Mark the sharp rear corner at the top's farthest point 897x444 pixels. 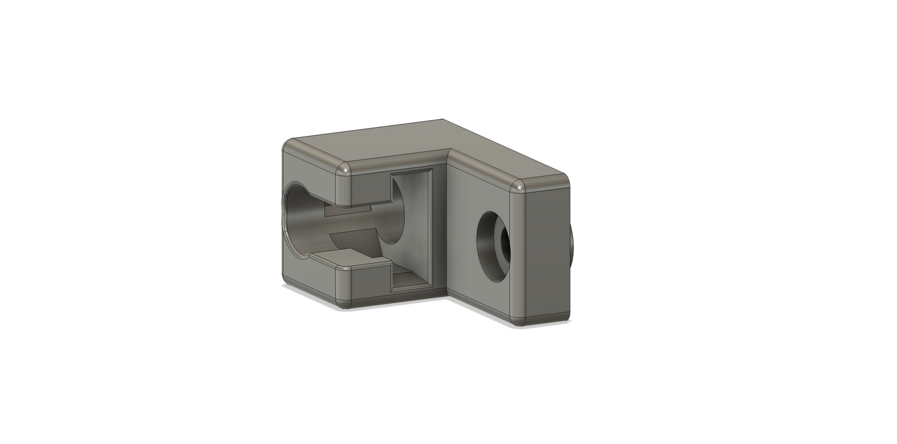[x=441, y=119]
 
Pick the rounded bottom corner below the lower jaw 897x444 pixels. [x=343, y=304]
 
